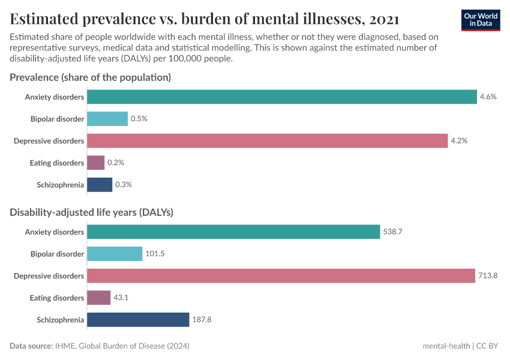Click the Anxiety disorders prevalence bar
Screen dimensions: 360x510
coord(282,97)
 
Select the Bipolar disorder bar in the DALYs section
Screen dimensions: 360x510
coord(115,254)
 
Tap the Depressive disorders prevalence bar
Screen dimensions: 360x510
coord(268,140)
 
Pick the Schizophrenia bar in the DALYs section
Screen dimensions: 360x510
coord(138,320)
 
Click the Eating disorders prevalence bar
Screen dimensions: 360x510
coord(96,163)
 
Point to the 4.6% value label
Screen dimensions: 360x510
coord(488,97)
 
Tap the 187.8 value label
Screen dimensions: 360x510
coord(202,320)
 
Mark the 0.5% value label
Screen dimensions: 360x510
coord(139,119)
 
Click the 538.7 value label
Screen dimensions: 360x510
coord(392,232)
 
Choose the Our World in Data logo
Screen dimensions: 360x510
coord(481,20)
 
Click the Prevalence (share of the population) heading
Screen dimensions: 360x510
coord(91,77)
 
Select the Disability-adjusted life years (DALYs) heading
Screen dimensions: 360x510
coord(92,212)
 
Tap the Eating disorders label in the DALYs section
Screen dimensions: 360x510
coord(57,298)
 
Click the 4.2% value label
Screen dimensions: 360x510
coord(459,140)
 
